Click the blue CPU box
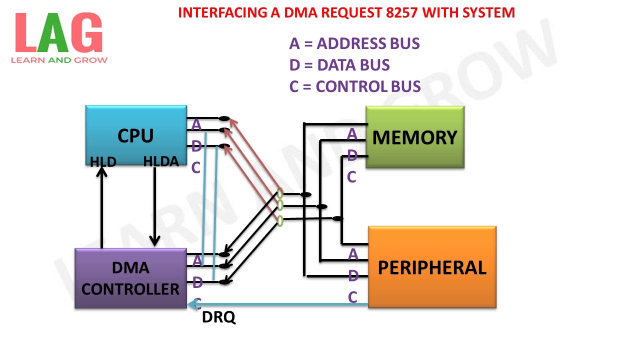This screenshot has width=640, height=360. coord(136,135)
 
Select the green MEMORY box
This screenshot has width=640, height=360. coord(414,137)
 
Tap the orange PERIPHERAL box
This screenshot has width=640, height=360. coord(432,267)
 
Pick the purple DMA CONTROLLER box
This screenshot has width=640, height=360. coord(130,278)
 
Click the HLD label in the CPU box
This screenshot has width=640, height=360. coord(103,162)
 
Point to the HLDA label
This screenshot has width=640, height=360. coord(161,161)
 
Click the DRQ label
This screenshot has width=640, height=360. coord(218,317)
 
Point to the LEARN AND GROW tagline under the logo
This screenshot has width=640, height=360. coord(59,60)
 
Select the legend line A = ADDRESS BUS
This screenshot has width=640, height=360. coord(354,43)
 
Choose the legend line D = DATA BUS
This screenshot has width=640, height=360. coord(339,65)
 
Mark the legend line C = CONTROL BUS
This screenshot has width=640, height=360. coord(355,86)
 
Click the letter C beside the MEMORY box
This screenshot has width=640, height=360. coord(351,176)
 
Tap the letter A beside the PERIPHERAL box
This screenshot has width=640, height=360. coord(353,254)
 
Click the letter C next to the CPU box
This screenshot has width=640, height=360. coord(195,168)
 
